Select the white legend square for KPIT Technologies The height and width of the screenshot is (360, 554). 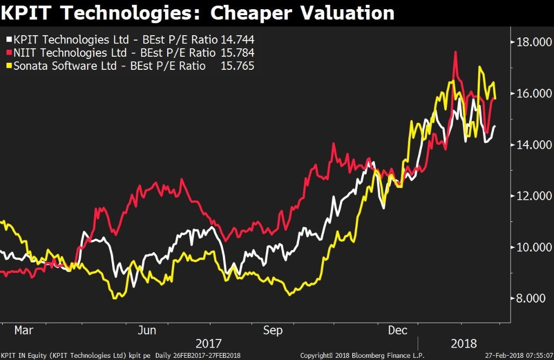click(9, 40)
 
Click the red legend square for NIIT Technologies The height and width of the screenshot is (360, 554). click(9, 53)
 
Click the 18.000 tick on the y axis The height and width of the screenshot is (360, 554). click(532, 42)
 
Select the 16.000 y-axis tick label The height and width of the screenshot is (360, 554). click(532, 94)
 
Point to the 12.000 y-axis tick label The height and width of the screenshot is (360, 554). click(532, 196)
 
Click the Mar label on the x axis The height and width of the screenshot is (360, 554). click(24, 330)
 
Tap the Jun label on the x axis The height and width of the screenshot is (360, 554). click(147, 330)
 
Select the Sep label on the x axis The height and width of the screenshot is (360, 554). click(272, 330)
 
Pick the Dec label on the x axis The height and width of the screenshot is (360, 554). click(398, 330)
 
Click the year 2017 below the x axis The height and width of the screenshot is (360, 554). click(208, 344)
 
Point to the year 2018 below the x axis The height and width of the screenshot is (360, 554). click(464, 344)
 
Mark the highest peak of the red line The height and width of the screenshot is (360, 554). click(456, 52)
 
